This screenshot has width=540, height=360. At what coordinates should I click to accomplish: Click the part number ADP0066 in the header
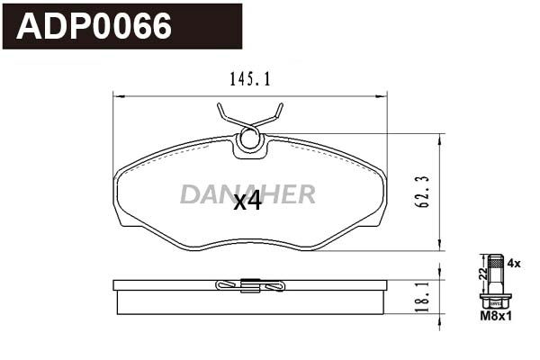pyautogui.click(x=95, y=27)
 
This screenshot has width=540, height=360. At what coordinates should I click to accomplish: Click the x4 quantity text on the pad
pyautogui.click(x=247, y=202)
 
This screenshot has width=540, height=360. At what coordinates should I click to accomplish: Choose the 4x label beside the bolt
pyautogui.click(x=514, y=264)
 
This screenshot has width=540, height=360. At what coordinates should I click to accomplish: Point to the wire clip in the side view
pyautogui.click(x=250, y=286)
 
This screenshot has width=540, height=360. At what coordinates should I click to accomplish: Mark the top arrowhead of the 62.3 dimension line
pyautogui.click(x=440, y=138)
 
